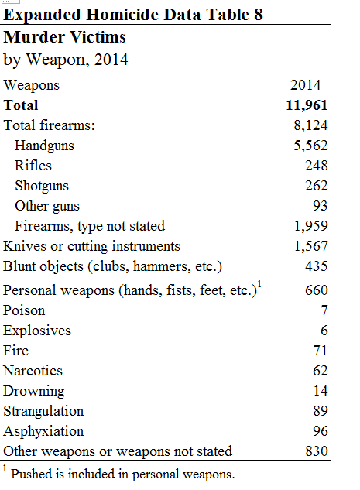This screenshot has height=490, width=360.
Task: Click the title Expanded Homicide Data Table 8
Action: pyautogui.click(x=132, y=15)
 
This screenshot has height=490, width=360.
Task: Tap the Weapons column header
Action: pyautogui.click(x=32, y=85)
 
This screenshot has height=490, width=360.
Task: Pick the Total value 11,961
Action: pyautogui.click(x=307, y=105)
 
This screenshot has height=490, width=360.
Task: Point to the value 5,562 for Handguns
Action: pyautogui.click(x=310, y=146)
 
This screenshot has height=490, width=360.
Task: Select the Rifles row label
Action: pyautogui.click(x=33, y=166)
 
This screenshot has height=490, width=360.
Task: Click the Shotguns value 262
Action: pyautogui.click(x=316, y=186)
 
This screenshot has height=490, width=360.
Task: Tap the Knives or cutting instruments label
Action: pyautogui.click(x=92, y=246)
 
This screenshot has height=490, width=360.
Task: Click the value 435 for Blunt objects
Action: pyautogui.click(x=316, y=266)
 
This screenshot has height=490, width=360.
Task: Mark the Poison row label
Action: pyautogui.click(x=25, y=310)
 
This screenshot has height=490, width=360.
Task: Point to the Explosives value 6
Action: pyautogui.click(x=324, y=331)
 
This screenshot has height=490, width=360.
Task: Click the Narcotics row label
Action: pyautogui.click(x=33, y=371)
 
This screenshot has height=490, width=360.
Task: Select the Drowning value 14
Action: pyautogui.click(x=320, y=391)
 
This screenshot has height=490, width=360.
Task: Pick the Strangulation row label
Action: pyautogui.click(x=43, y=411)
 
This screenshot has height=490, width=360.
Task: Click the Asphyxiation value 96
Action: pyautogui.click(x=320, y=431)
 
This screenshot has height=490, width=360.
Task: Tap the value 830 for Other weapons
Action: pyautogui.click(x=316, y=451)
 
